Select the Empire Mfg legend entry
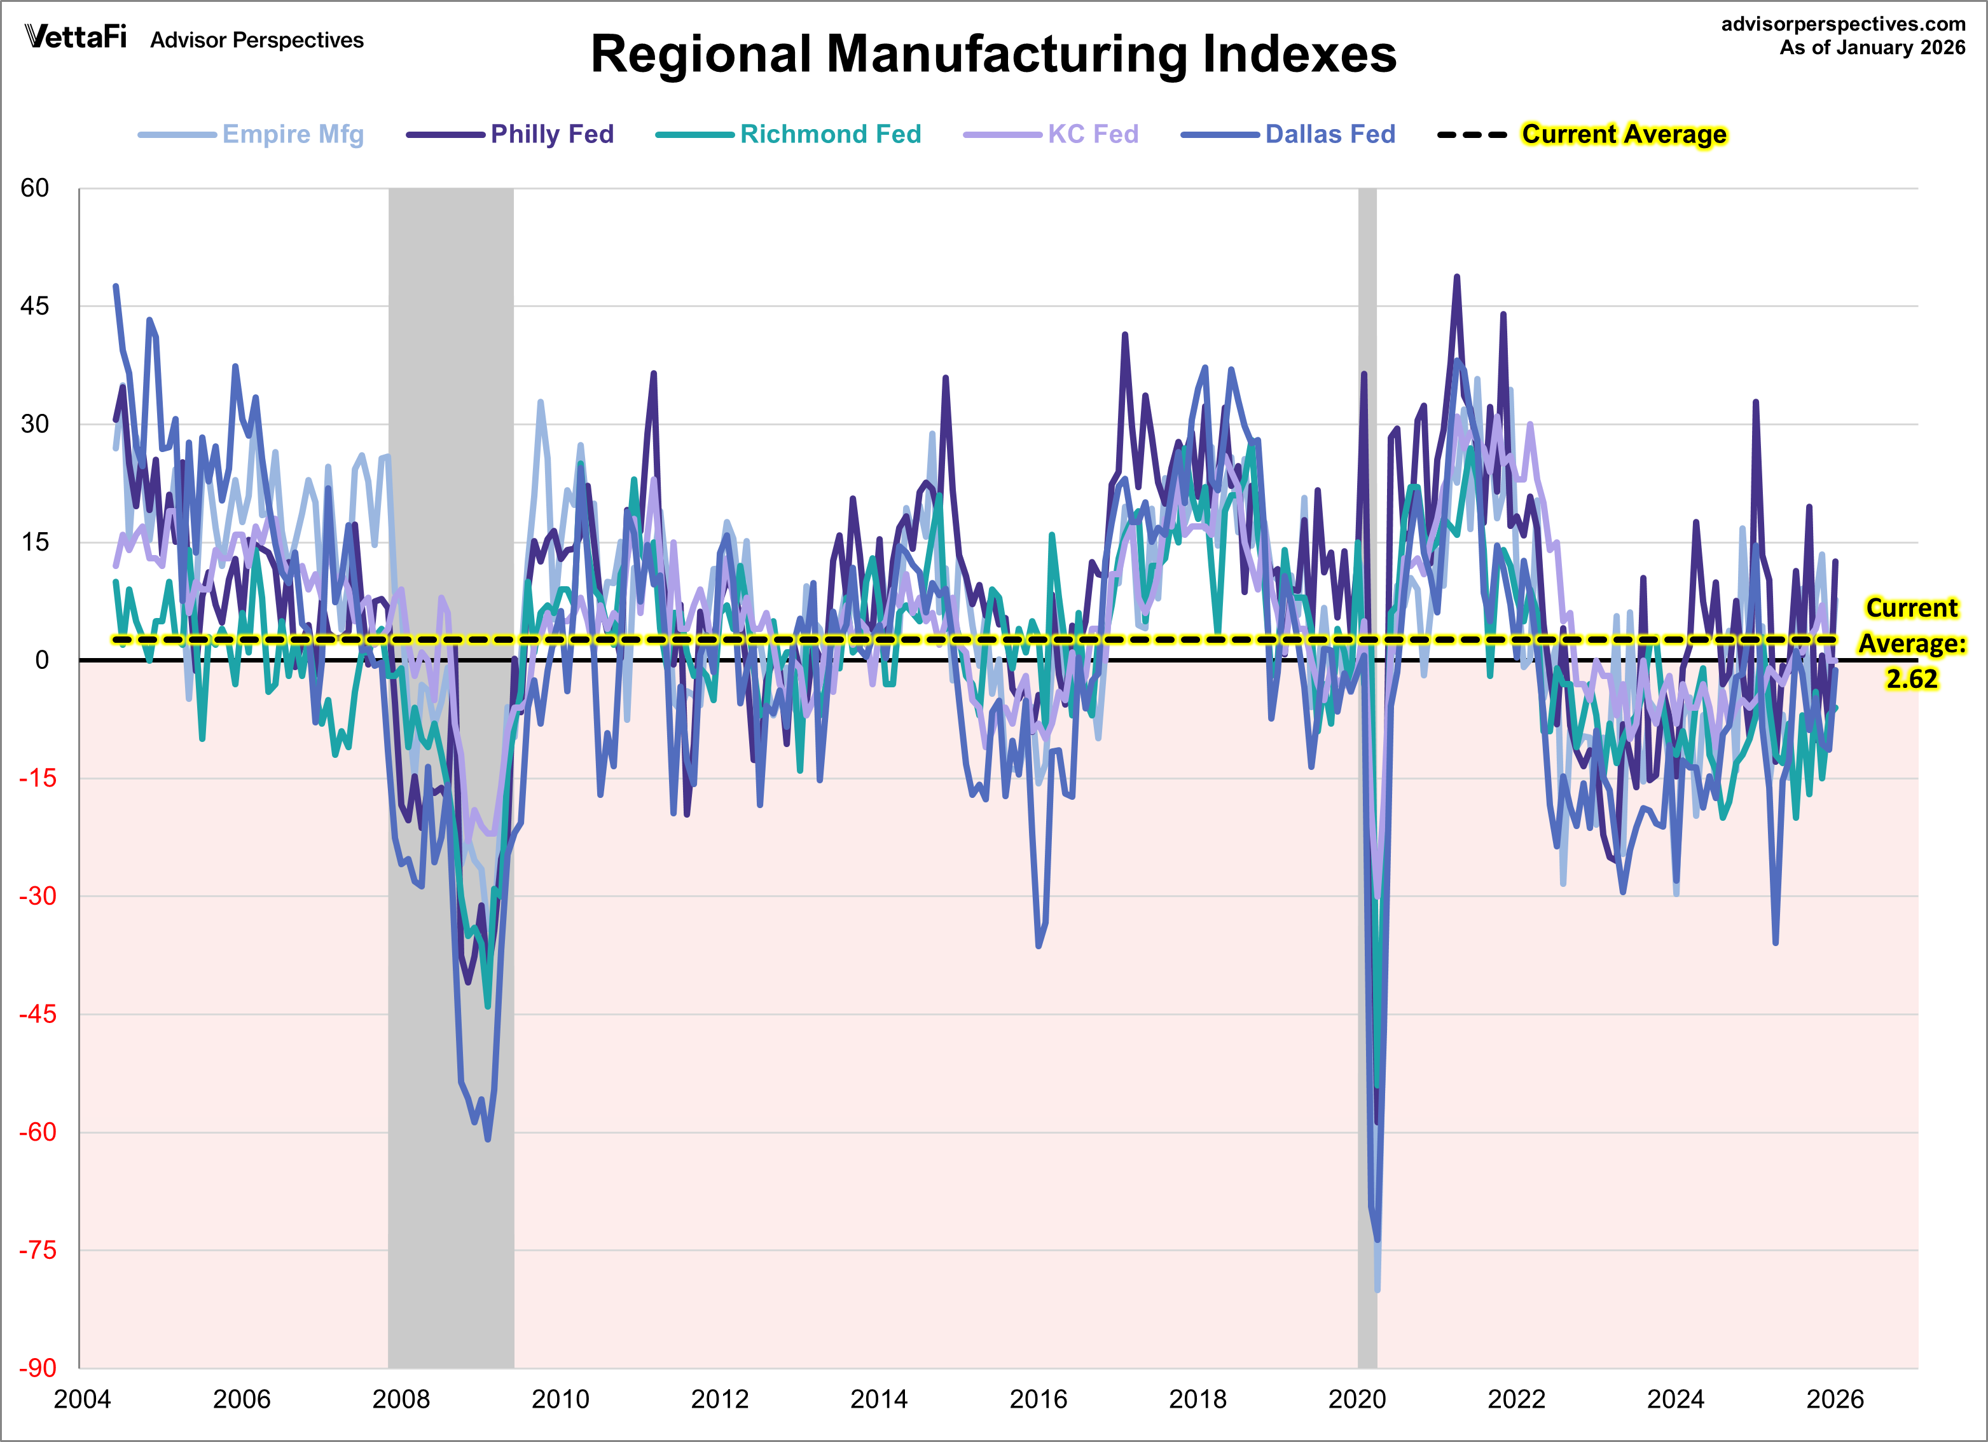click(292, 134)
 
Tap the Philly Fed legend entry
click(551, 134)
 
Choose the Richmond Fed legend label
click(830, 134)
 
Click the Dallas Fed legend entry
click(1329, 134)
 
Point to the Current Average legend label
click(1624, 134)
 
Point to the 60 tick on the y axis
click(35, 188)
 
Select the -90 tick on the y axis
click(38, 1368)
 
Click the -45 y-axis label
click(38, 1014)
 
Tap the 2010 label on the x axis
click(560, 1399)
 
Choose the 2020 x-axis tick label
click(1357, 1399)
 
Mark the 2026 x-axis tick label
click(1835, 1399)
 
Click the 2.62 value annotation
click(1911, 678)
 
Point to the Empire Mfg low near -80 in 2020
click(1377, 1289)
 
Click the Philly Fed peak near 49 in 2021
click(1457, 277)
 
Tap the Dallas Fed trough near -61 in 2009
click(487, 1139)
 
